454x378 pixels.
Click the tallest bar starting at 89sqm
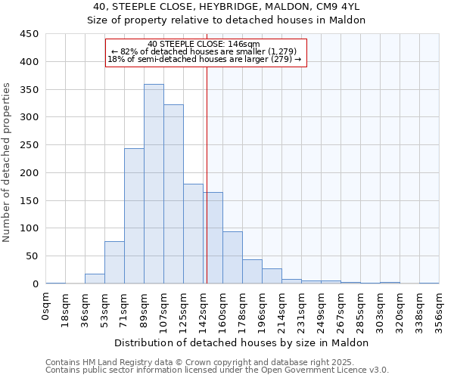tap(154, 184)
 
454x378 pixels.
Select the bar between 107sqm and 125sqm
tap(173, 194)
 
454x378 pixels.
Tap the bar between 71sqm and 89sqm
tap(134, 216)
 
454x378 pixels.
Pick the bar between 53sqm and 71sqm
tap(114, 262)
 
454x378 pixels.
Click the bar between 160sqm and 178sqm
tap(232, 258)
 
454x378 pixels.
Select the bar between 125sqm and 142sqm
tap(193, 234)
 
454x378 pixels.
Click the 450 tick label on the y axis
tap(29, 34)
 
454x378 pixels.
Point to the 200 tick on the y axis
tap(29, 173)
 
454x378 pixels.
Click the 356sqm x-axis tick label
tap(440, 308)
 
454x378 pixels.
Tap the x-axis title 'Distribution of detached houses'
tap(241, 342)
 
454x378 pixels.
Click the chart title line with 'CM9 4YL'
tap(226, 7)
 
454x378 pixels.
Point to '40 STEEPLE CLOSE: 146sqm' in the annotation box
tap(204, 44)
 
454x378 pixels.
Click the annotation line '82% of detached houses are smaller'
tap(204, 51)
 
